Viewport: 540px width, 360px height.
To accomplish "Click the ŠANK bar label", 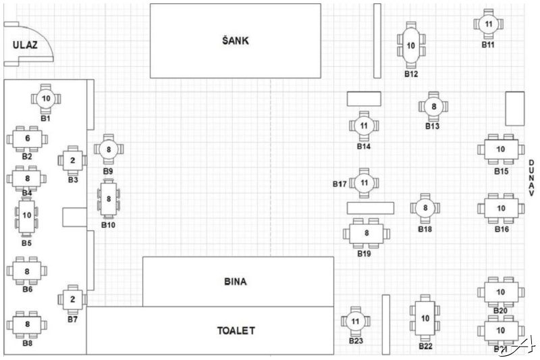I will (x=235, y=41).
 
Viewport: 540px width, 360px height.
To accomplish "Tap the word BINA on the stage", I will (x=235, y=282).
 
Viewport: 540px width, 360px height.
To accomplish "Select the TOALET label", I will (x=236, y=331).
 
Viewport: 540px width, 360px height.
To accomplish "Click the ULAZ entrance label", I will (x=24, y=45).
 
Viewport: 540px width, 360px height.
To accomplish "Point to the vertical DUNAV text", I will (x=531, y=183).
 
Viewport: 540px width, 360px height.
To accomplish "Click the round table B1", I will (x=46, y=98).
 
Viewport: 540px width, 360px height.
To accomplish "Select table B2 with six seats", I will (x=27, y=138).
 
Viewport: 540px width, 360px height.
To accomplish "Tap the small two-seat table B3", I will (x=73, y=160).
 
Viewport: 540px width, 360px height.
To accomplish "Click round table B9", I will (x=109, y=149).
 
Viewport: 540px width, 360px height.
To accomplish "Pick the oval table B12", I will (x=411, y=47).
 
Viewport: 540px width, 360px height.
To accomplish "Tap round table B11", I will (x=489, y=24).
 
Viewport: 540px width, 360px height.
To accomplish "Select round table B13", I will (x=434, y=106).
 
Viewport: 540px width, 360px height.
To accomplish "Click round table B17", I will (x=364, y=182).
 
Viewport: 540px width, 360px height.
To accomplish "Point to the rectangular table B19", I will (x=367, y=234).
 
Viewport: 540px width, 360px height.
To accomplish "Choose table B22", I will (x=425, y=318).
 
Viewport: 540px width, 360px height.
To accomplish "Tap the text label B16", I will (x=501, y=230).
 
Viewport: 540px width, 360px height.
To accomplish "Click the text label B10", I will (x=108, y=224).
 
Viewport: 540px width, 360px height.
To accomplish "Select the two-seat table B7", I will (x=73, y=298).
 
